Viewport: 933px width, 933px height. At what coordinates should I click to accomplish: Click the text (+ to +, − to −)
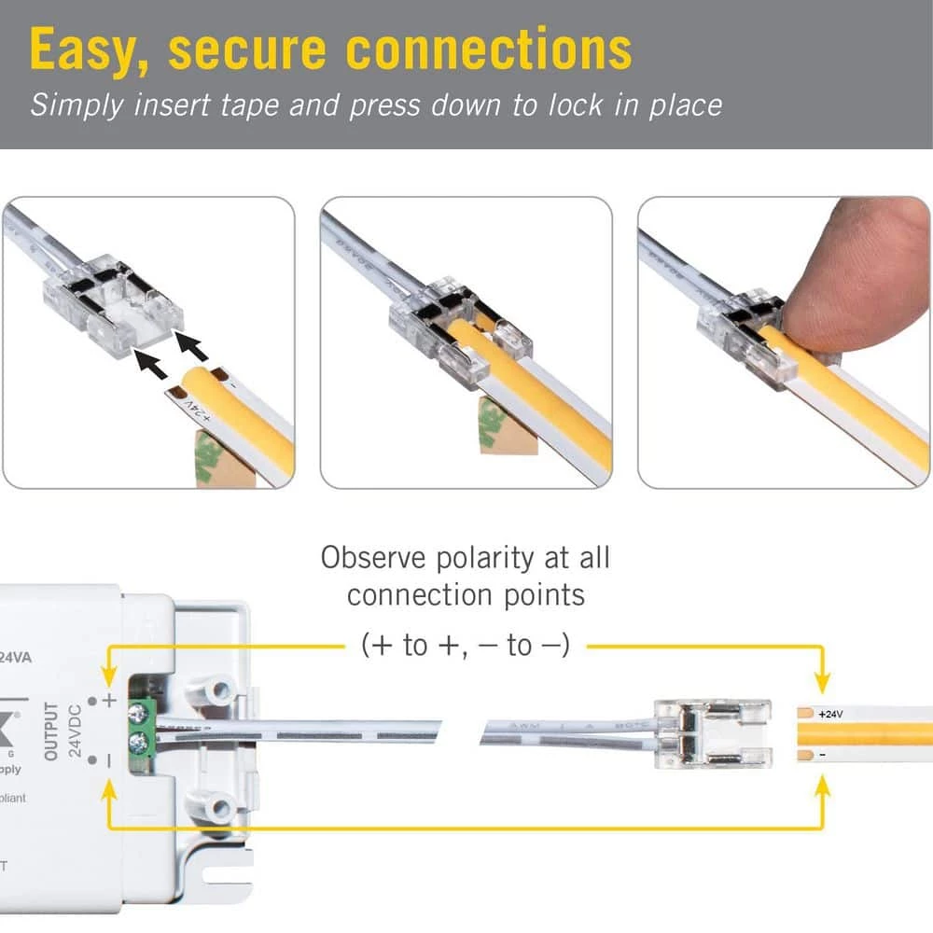(x=465, y=645)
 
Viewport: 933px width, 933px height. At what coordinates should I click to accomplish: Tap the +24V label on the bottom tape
(x=829, y=714)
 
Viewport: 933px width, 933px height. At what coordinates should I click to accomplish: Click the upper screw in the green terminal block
(x=140, y=717)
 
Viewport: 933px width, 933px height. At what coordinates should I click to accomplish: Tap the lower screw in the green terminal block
(x=140, y=745)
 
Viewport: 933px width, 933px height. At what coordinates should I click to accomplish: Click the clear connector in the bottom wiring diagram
(x=712, y=732)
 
